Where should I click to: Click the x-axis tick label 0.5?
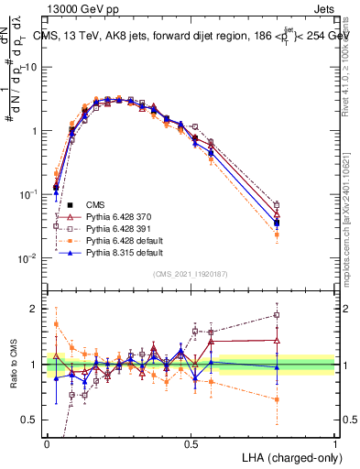[x=191, y=442]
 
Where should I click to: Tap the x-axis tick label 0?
[x=48, y=442]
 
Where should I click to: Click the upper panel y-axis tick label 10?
[x=33, y=67]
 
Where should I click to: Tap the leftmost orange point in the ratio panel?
[x=57, y=324]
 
